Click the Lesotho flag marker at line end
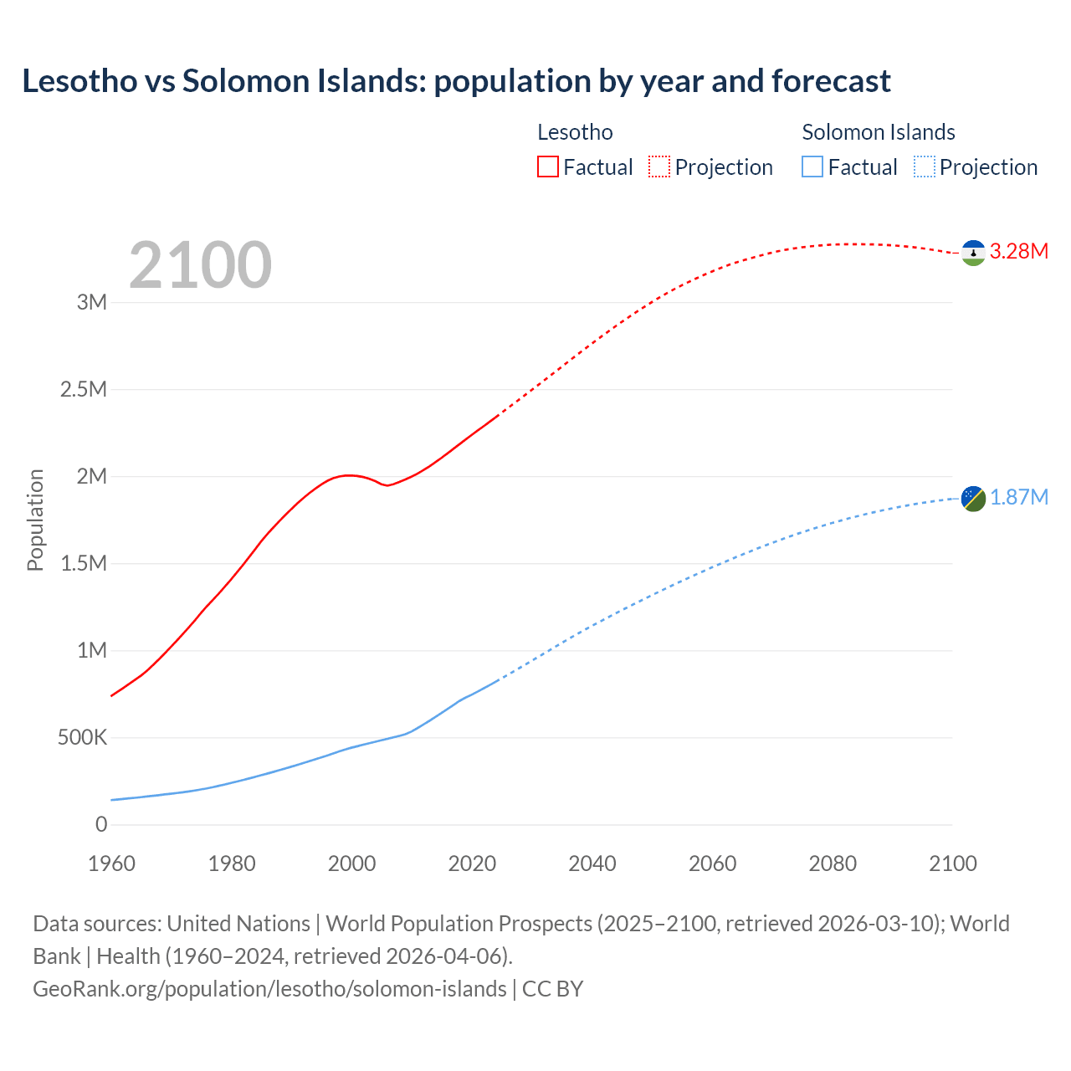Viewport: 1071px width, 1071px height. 973,253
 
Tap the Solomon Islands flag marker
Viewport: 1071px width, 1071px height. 973,499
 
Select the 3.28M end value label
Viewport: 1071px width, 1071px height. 1019,252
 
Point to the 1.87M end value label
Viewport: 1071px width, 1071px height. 1019,498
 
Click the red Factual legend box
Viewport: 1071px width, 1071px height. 547,167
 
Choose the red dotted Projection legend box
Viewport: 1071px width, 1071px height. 659,167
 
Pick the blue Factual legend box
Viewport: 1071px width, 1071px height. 812,167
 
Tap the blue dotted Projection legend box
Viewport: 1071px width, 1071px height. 925,167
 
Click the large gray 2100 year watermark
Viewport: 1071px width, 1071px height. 200,265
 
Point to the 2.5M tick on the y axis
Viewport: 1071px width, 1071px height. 84,389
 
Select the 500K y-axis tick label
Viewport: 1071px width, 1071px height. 82,738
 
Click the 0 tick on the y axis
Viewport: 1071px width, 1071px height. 101,824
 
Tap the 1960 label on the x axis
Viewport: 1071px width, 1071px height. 111,863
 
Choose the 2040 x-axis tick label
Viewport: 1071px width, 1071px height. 592,863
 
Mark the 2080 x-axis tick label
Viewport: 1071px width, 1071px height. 833,863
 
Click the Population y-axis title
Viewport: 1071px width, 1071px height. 35,520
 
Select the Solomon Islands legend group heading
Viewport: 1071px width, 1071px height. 878,132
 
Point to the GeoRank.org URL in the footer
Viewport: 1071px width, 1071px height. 269,989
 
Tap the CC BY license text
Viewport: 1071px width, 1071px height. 552,989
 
